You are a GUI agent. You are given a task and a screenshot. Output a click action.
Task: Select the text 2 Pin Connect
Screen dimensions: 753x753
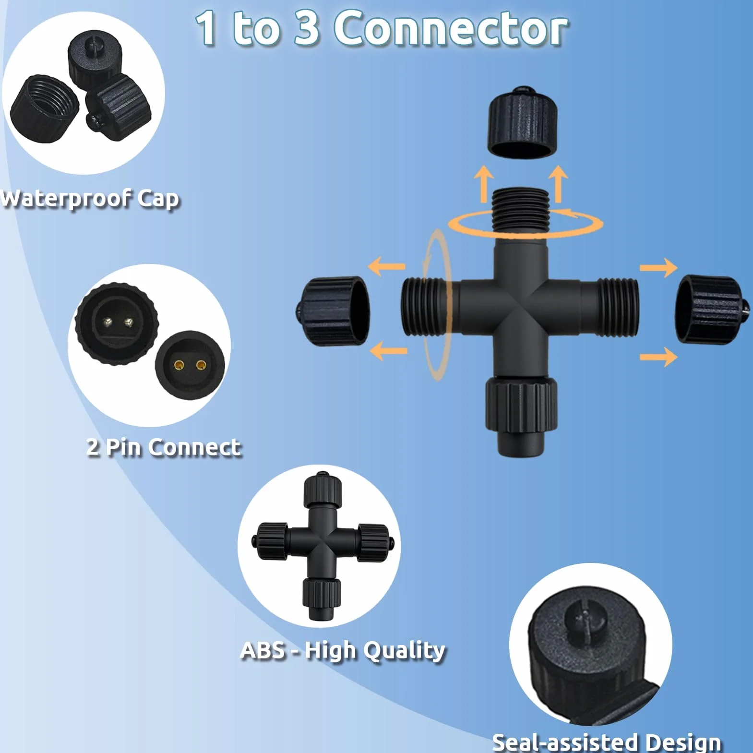pos(164,447)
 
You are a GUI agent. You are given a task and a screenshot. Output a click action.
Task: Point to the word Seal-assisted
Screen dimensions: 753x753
pos(566,742)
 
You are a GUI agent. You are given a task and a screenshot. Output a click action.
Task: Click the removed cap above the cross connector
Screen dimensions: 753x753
pos(523,123)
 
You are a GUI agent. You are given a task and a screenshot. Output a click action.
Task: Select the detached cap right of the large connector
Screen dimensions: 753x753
pos(712,310)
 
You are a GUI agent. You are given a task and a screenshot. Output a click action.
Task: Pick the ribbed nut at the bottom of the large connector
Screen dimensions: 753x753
pos(521,404)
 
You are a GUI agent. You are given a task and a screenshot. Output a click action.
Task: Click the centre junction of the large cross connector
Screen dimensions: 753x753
pos(521,308)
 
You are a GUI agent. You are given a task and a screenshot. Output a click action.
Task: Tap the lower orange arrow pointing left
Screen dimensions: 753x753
pos(388,350)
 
